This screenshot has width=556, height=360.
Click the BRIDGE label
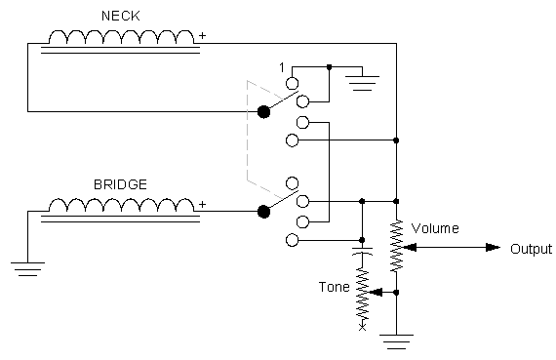tap(120, 182)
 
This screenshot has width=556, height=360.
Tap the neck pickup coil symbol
tap(122, 39)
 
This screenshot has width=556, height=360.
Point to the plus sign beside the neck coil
tap(203, 36)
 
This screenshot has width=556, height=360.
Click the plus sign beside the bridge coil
tap(203, 203)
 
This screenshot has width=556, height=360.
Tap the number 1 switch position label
tap(281, 66)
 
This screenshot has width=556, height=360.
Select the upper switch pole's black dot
tap(263, 112)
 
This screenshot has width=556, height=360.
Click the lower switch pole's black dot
tap(263, 211)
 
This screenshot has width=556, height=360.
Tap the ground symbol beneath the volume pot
tap(397, 340)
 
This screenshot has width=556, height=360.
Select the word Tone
tap(335, 287)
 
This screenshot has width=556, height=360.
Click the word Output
tap(531, 249)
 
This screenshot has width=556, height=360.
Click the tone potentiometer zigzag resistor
tap(363, 293)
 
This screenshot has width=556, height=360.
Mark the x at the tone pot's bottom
tap(363, 326)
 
